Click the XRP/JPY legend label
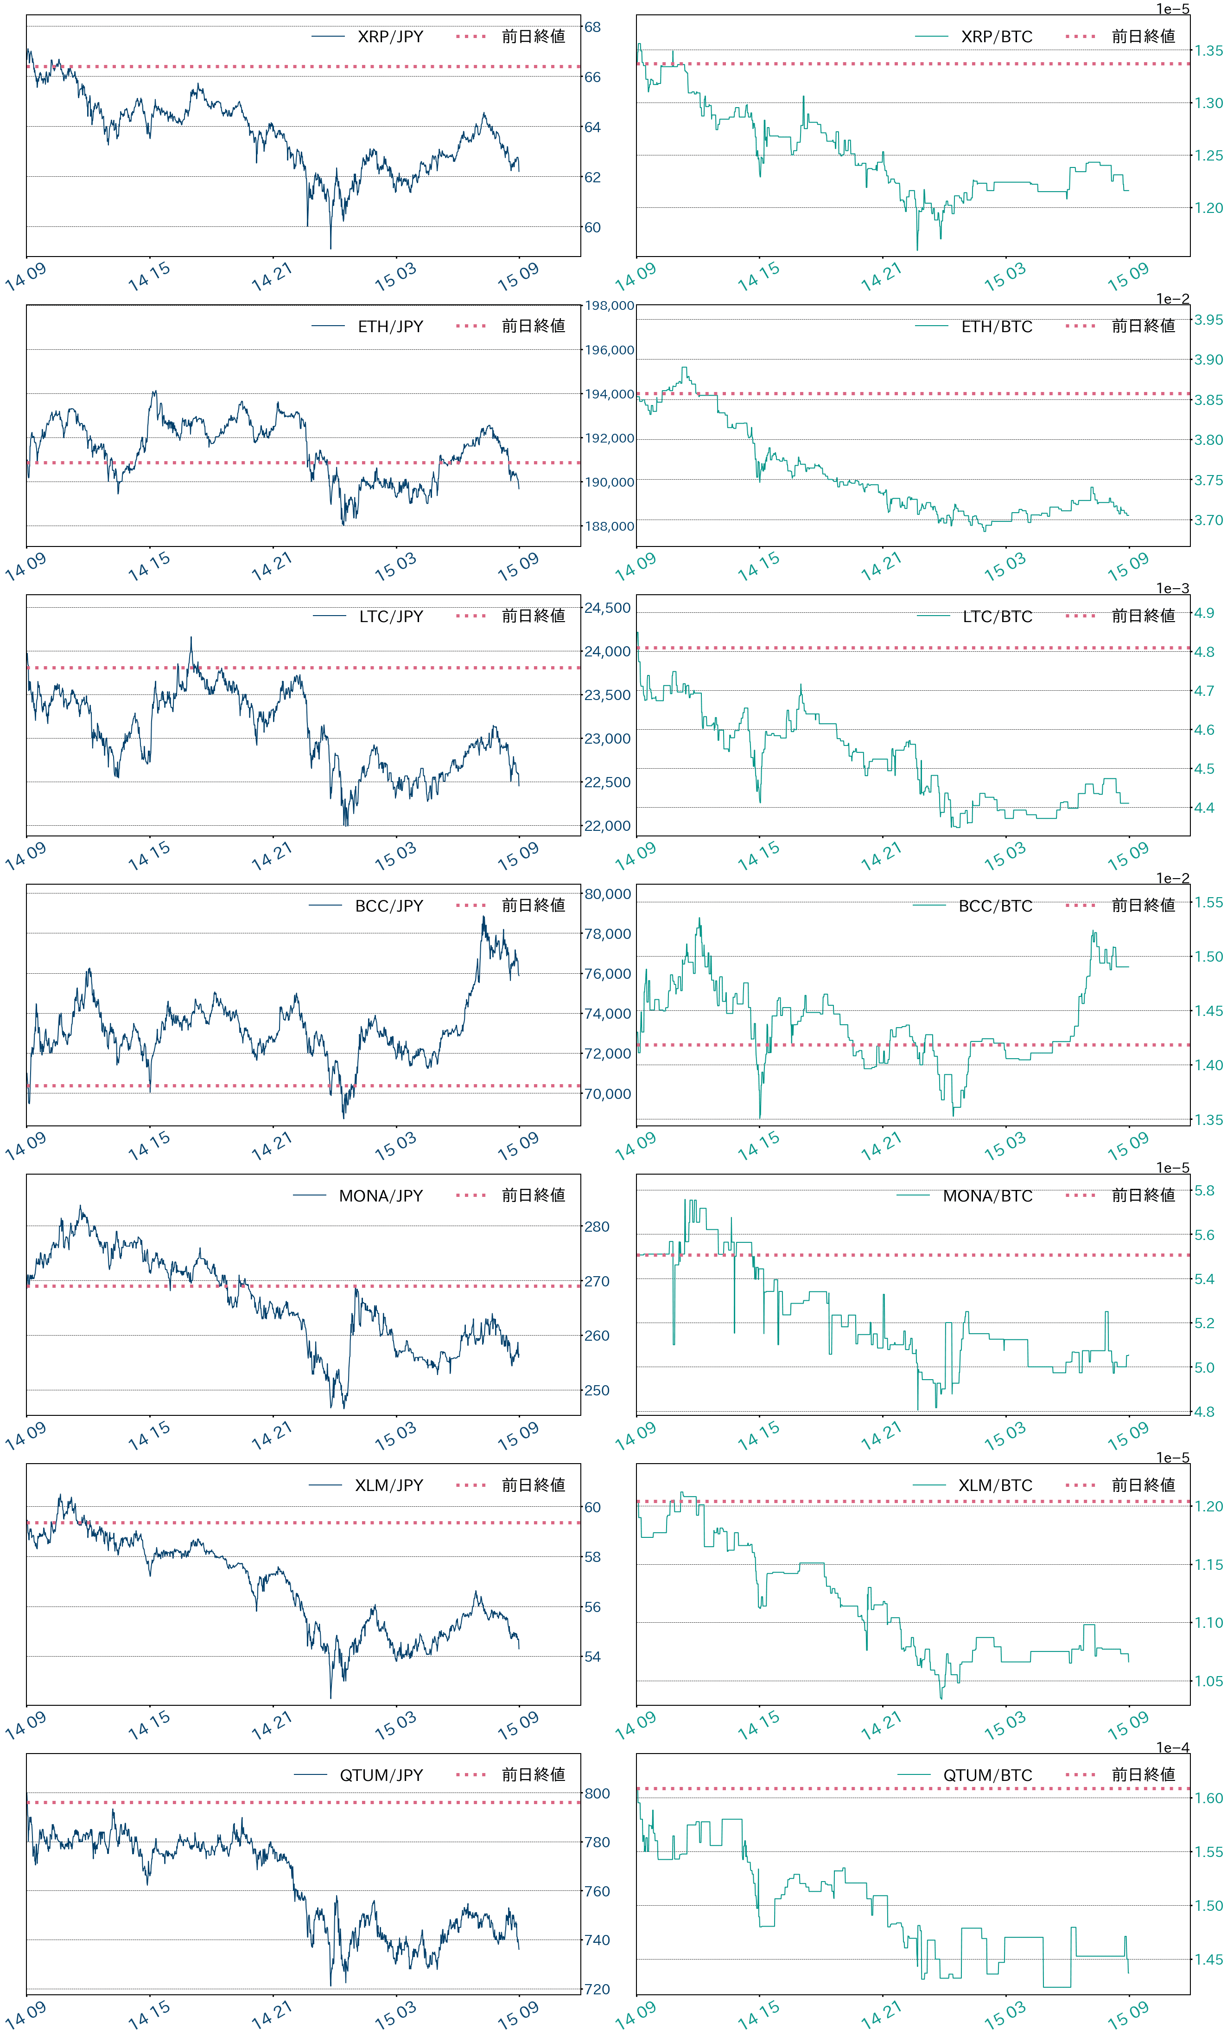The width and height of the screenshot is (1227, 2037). [390, 36]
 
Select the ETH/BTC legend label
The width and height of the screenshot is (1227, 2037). [997, 327]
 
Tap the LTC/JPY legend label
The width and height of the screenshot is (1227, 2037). [391, 616]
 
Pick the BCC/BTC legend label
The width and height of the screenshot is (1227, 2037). [995, 906]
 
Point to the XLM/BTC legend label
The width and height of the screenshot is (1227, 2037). [995, 1485]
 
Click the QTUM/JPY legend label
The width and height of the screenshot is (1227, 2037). [381, 1775]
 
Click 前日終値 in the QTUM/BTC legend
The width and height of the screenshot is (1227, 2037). [1143, 1775]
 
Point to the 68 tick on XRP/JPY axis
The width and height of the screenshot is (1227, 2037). [592, 27]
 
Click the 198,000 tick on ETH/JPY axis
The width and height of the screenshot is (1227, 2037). [610, 306]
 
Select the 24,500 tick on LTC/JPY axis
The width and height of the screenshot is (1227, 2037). [607, 608]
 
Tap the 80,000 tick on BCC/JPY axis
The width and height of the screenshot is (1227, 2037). [607, 893]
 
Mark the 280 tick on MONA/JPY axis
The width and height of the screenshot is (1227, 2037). [597, 1227]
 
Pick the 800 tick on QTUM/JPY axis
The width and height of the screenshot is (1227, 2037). [597, 1794]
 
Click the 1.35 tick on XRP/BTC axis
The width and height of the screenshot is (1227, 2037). [1208, 51]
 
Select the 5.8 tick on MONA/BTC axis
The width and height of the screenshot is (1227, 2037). [1204, 1190]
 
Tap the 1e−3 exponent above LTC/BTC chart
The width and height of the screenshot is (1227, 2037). [1172, 589]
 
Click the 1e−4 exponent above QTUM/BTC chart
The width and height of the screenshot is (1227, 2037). [1172, 1748]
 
